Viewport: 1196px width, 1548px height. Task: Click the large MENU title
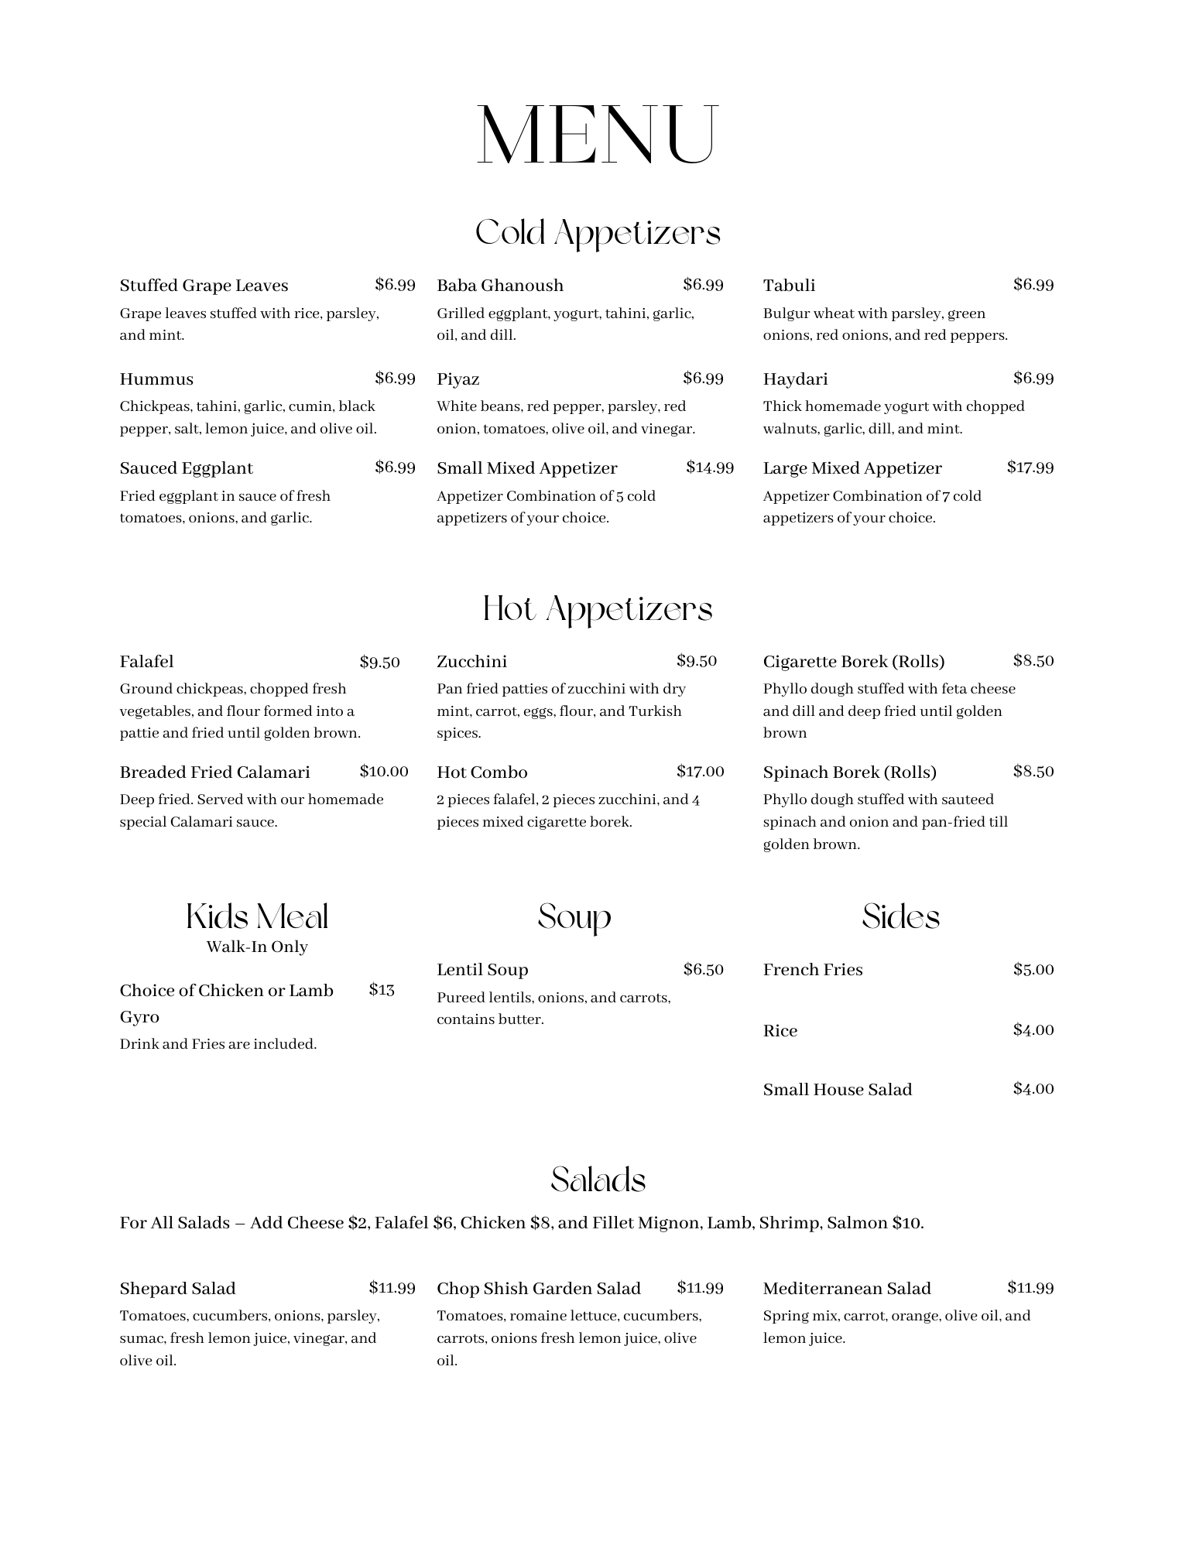click(x=597, y=135)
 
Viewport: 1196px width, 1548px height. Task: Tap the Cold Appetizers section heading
click(x=597, y=232)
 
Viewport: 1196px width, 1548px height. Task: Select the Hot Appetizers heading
click(x=597, y=608)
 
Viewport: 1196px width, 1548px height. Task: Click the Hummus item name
click(x=156, y=379)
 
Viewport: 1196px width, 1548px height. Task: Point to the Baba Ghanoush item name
click(x=500, y=286)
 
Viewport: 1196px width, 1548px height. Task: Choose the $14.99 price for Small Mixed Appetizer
click(x=709, y=467)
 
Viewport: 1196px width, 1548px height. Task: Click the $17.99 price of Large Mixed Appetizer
click(x=1030, y=467)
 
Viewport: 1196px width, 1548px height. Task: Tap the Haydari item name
click(x=795, y=379)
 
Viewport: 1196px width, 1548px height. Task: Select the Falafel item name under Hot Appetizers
click(x=146, y=662)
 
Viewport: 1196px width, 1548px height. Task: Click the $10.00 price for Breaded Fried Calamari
click(x=384, y=772)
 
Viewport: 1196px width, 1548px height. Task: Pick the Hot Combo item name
click(x=481, y=772)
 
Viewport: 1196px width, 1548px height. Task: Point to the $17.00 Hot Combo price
click(x=700, y=772)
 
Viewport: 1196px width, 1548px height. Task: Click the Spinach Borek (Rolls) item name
click(x=849, y=772)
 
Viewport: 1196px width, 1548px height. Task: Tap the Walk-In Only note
click(x=257, y=947)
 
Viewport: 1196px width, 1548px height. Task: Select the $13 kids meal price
click(x=382, y=990)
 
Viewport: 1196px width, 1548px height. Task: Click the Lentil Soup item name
click(x=482, y=970)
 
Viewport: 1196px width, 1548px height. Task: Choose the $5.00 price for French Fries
click(x=1033, y=970)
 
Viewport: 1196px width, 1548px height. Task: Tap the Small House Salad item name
click(x=837, y=1090)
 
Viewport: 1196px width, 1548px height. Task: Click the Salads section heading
click(x=598, y=1180)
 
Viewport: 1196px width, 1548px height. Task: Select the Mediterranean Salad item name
click(x=846, y=1289)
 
